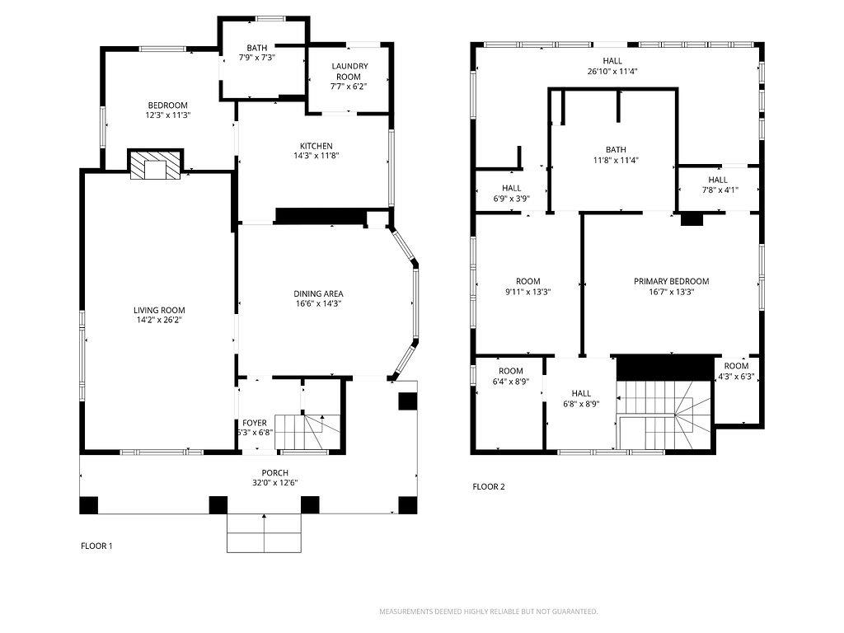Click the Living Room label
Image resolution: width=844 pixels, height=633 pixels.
(x=159, y=310)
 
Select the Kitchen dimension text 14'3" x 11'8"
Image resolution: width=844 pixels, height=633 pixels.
(x=316, y=156)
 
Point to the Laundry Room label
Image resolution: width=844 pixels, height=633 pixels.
(x=349, y=71)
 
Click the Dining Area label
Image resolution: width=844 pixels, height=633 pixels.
(x=318, y=294)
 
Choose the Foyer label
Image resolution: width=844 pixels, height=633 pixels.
(x=254, y=423)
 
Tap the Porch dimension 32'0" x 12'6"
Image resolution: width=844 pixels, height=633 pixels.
(x=275, y=483)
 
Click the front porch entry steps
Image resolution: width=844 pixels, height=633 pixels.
(x=264, y=533)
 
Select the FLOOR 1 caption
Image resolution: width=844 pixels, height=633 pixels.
(x=96, y=546)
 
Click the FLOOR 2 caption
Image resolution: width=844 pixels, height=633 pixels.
(x=489, y=486)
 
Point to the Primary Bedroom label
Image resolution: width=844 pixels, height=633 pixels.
(x=671, y=281)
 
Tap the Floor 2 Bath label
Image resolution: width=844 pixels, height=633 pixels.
(x=616, y=150)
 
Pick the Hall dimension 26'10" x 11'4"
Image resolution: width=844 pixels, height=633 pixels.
(x=612, y=71)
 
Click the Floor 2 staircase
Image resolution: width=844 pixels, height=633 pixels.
(x=665, y=414)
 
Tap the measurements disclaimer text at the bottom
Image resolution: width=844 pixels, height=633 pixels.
(x=489, y=612)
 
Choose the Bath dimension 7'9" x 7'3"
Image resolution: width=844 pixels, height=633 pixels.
(x=257, y=57)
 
